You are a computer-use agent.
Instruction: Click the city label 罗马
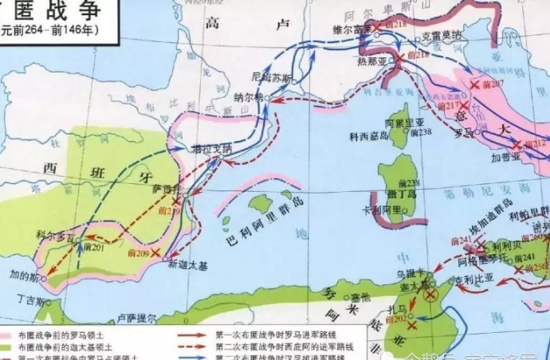point(460,131)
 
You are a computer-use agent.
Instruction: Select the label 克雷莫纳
point(441,35)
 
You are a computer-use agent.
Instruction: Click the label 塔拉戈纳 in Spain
point(211,148)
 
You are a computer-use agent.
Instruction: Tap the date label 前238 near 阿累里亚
point(421,131)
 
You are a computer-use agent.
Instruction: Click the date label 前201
point(92,248)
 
